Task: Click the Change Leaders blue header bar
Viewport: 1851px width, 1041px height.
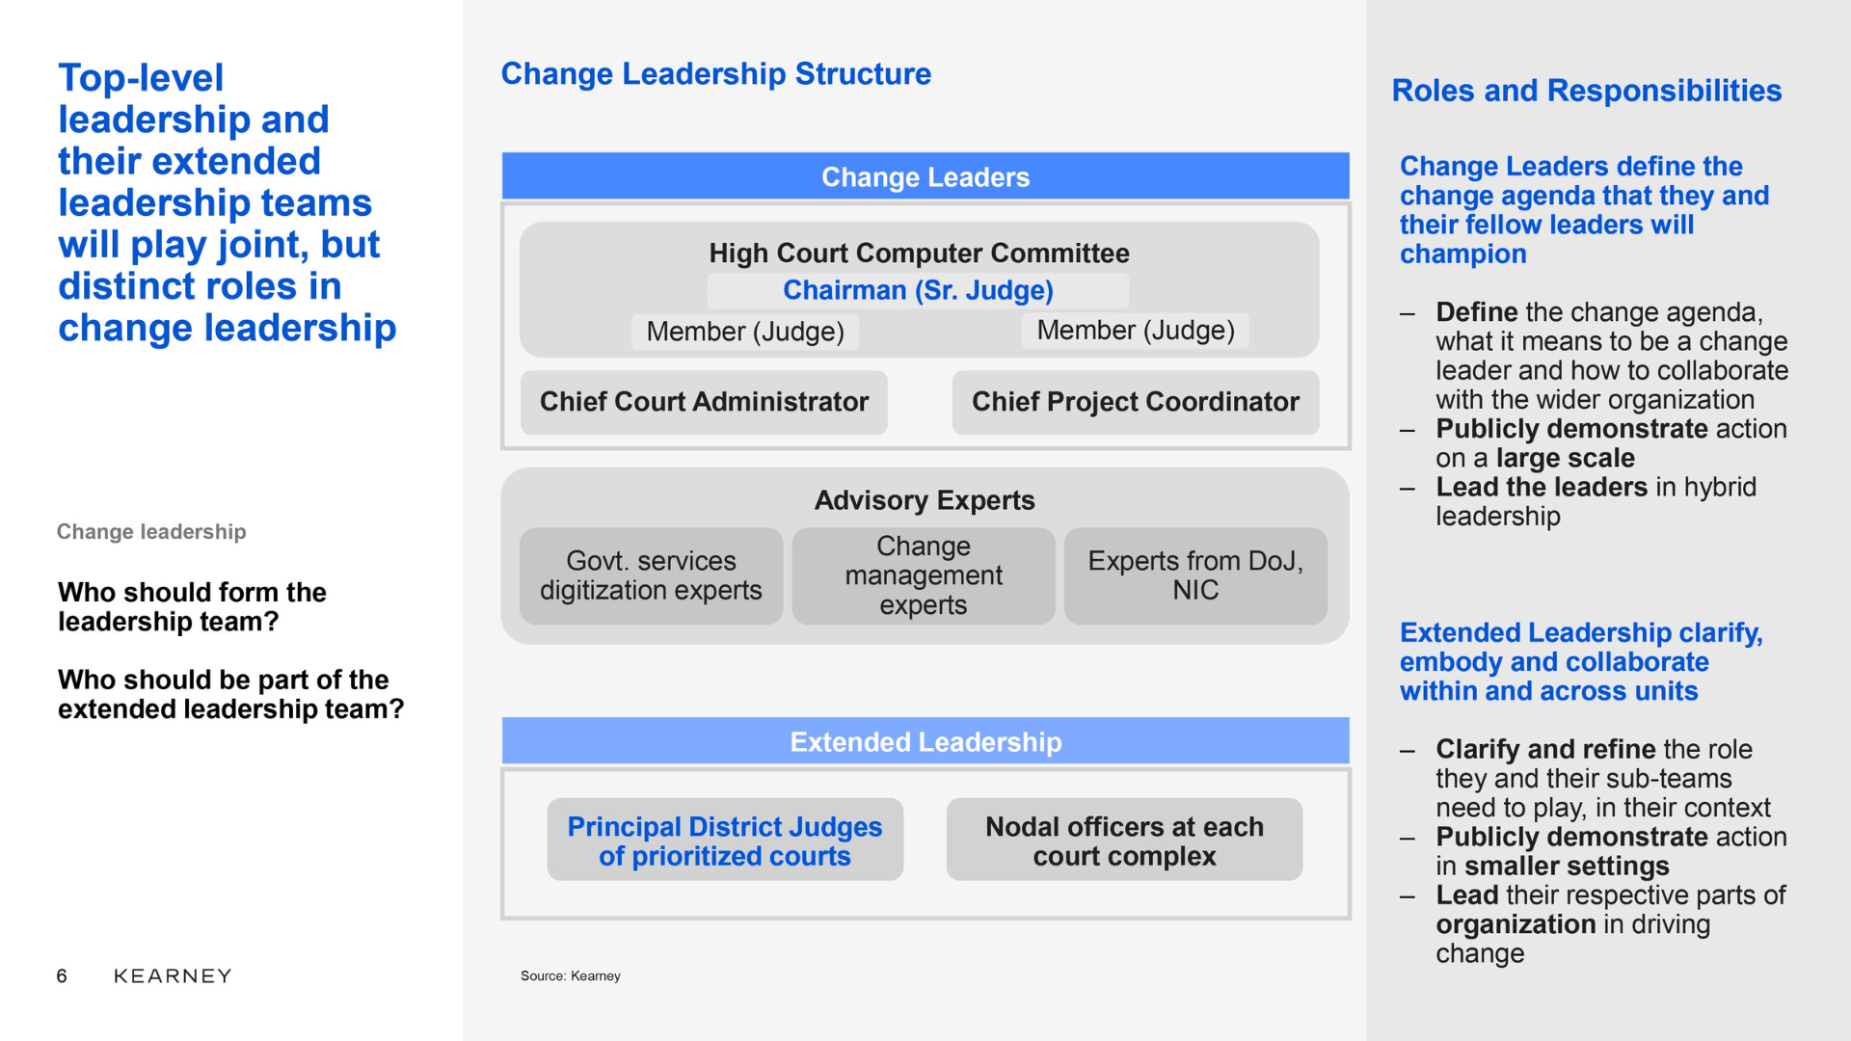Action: click(925, 176)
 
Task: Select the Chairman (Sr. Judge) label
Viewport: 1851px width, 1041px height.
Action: click(918, 290)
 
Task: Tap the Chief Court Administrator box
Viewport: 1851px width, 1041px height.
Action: click(704, 402)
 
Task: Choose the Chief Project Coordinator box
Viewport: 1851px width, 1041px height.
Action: click(1136, 402)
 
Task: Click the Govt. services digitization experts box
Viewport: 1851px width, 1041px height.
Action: click(651, 575)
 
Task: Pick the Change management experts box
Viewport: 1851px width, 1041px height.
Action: click(924, 575)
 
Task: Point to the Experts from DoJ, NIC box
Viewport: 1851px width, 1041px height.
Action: click(1195, 575)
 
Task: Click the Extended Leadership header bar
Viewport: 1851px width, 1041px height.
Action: click(925, 741)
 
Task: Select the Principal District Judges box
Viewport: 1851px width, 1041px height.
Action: click(725, 840)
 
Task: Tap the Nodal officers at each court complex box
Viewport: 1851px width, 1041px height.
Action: click(1124, 840)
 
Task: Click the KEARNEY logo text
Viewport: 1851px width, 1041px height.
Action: click(173, 976)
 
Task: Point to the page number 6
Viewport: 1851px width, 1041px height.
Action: click(62, 976)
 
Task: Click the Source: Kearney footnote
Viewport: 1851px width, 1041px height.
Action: click(571, 976)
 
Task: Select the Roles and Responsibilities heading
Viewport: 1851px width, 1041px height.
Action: click(1587, 91)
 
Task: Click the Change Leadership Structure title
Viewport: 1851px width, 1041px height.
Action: click(716, 74)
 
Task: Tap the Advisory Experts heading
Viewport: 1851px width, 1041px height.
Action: click(925, 500)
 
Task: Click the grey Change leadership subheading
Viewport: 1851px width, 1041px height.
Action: click(151, 532)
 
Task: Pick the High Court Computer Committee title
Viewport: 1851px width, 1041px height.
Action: click(919, 254)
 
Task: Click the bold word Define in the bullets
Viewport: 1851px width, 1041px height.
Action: click(1477, 312)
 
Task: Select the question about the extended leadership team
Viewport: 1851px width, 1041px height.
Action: click(231, 694)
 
